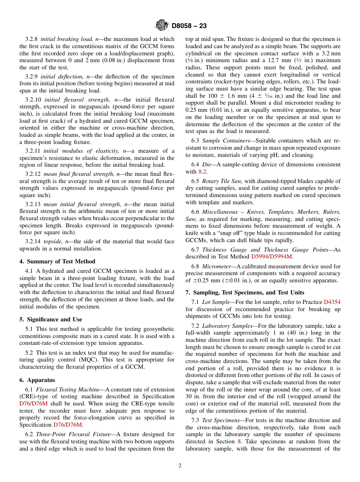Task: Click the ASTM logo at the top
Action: point(162,26)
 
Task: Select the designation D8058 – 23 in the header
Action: point(189,26)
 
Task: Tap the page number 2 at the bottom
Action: point(180,466)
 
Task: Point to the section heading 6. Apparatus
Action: point(37,380)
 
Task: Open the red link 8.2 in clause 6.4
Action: point(203,172)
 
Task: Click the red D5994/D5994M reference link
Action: point(272,257)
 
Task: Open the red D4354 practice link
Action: point(332,302)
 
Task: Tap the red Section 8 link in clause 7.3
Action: point(239,441)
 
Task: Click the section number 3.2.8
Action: point(31,39)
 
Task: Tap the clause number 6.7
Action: point(196,250)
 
